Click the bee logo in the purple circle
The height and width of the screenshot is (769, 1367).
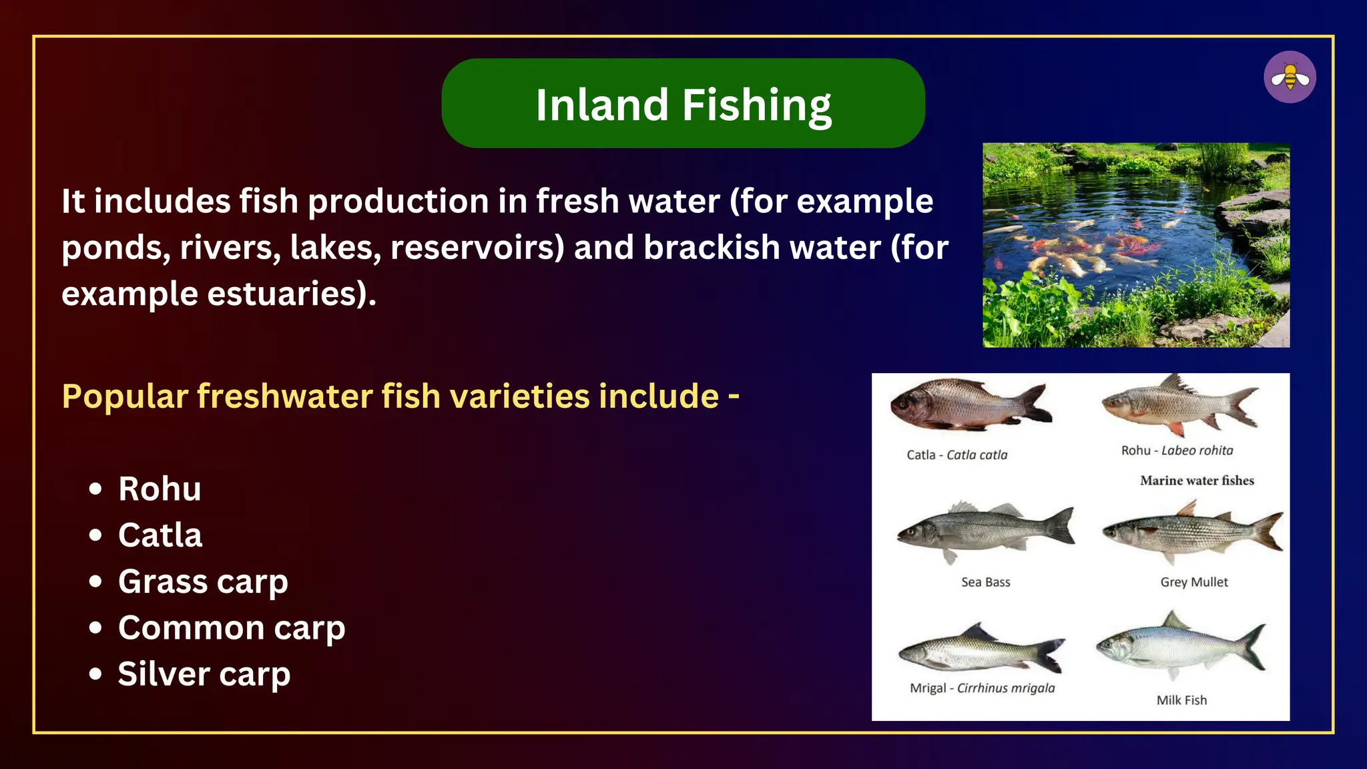pyautogui.click(x=1290, y=77)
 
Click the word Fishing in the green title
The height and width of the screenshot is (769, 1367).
pyautogui.click(x=756, y=105)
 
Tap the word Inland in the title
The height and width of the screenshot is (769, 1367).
pyautogui.click(x=601, y=105)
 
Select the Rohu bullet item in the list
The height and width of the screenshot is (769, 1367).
pyautogui.click(x=160, y=489)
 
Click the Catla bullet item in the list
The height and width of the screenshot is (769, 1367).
pyautogui.click(x=160, y=535)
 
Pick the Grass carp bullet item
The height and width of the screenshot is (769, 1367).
pyautogui.click(x=203, y=581)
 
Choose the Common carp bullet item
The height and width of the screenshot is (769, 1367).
pyautogui.click(x=232, y=628)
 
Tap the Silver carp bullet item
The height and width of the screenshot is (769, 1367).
pyautogui.click(x=204, y=674)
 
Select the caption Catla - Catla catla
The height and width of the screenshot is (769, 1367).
pyautogui.click(x=956, y=455)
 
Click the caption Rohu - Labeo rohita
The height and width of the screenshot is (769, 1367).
pyautogui.click(x=1177, y=451)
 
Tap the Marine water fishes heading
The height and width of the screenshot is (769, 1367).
pyautogui.click(x=1197, y=481)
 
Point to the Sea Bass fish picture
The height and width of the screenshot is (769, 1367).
pyautogui.click(x=985, y=531)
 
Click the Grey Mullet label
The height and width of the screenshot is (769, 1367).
pyautogui.click(x=1193, y=582)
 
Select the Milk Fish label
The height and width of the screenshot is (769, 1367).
pyautogui.click(x=1181, y=700)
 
